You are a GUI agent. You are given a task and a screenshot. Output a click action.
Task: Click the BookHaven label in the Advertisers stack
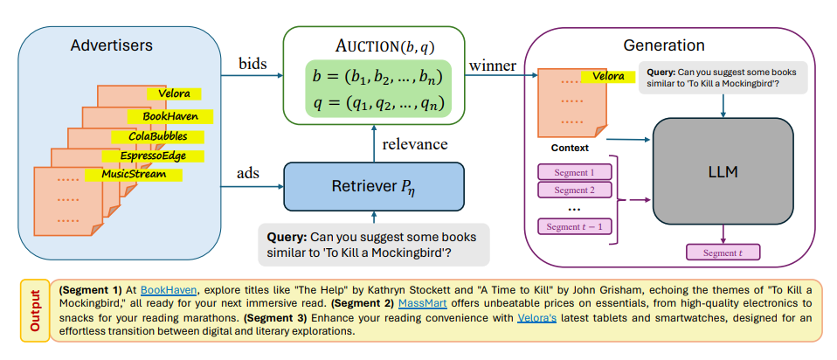170,115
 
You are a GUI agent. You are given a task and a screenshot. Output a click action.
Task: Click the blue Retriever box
372,186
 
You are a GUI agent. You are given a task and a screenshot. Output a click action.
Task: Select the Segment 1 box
574,172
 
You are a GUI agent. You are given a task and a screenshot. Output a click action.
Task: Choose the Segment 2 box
574,190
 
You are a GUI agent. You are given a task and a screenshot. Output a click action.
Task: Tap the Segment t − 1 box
574,227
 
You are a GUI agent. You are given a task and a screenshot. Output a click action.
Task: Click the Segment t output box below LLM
723,253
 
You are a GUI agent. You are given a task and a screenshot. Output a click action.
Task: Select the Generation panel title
664,45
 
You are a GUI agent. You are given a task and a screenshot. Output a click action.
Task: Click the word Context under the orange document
570,148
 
